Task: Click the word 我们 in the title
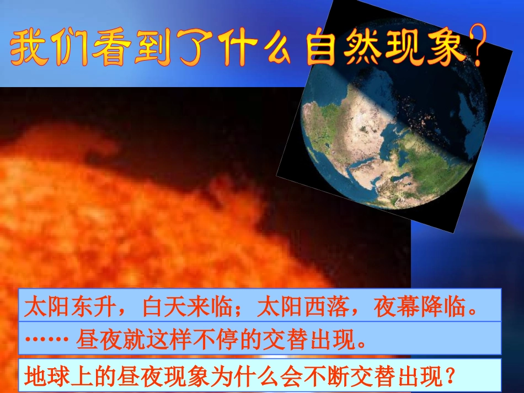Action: click(x=50, y=47)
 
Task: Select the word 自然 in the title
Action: click(x=344, y=46)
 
